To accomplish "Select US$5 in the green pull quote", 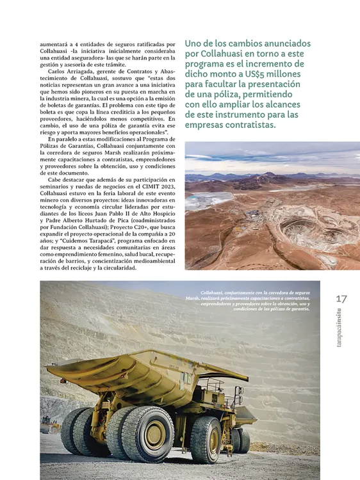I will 245,74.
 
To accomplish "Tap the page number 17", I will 341,298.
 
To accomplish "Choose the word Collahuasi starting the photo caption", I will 215,291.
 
